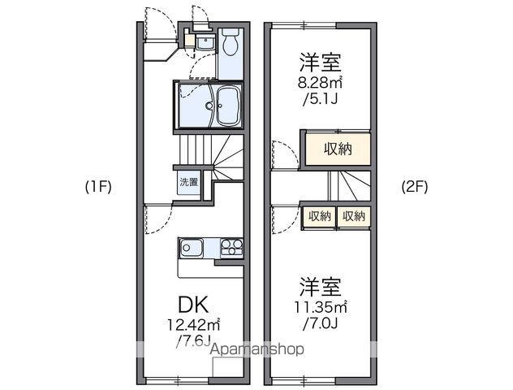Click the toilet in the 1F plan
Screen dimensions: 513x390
pos(231,41)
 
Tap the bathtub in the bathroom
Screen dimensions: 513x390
pos(228,106)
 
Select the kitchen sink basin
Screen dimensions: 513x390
pos(191,248)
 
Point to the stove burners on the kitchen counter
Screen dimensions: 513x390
pos(231,247)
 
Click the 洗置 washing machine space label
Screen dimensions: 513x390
pos(189,182)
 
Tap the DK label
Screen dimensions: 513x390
pos(193,305)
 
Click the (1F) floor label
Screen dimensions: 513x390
pos(98,188)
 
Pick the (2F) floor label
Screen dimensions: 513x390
pos(415,188)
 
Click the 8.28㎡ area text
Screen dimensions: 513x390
pos(320,83)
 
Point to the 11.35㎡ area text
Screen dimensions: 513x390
pos(321,307)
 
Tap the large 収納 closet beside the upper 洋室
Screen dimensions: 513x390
pos(338,149)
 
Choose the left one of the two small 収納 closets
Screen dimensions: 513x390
pos(320,216)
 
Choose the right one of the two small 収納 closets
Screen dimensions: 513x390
pos(354,216)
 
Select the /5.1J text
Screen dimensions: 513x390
pos(321,99)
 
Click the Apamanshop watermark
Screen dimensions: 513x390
pos(256,349)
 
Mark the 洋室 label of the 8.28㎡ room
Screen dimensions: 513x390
pos(321,63)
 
